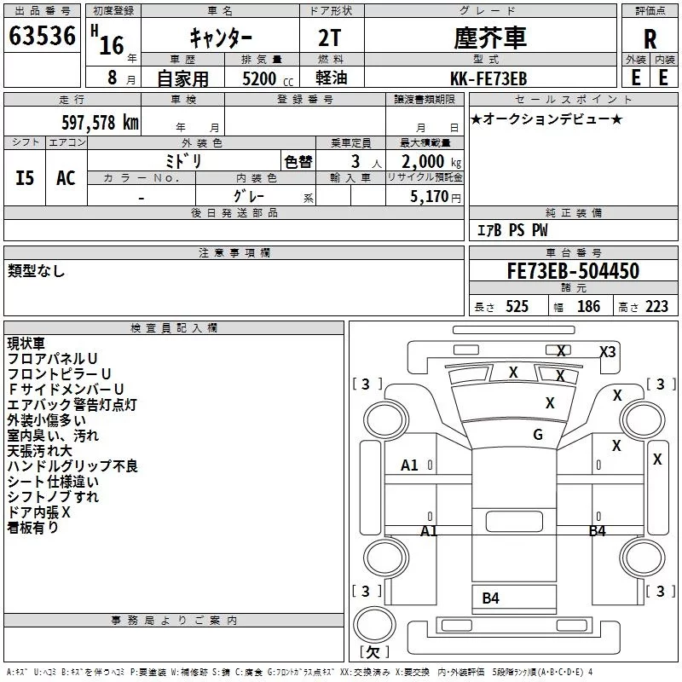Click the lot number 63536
coord(42,36)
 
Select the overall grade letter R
coord(650,38)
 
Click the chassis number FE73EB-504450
coord(572,271)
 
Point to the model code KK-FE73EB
coord(488,78)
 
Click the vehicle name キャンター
coord(219,38)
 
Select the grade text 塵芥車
coord(489,38)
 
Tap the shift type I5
coord(26,177)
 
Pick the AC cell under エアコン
coord(66,177)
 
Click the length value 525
coord(517,306)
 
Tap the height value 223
coord(656,306)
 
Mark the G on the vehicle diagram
coord(538,435)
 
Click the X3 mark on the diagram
coord(607,351)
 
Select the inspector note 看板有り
coord(33,528)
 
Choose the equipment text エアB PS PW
coord(511,230)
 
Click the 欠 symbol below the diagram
coord(373,651)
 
